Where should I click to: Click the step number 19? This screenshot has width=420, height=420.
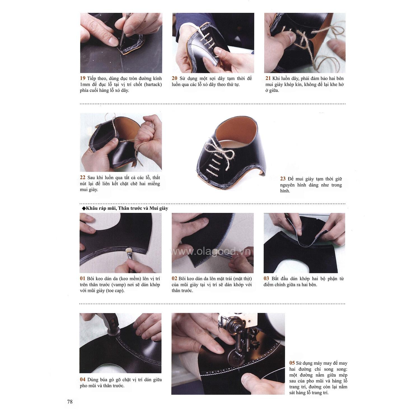(83, 78)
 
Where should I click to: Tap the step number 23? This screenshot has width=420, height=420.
(283, 179)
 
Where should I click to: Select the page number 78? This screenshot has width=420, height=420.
(70, 402)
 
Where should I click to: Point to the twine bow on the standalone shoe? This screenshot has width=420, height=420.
(215, 146)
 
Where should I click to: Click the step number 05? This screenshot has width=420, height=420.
(292, 363)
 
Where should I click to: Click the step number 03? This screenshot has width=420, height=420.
(266, 279)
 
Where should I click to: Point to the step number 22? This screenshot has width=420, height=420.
(83, 178)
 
